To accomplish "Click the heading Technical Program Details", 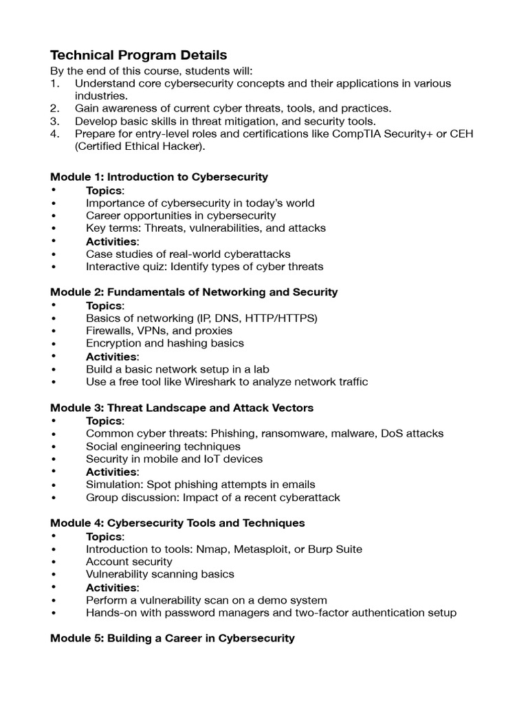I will (139, 55).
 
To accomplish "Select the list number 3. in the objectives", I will (55, 121).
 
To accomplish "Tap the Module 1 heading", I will (159, 177).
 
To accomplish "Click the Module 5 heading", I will (172, 638).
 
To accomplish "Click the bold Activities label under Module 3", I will (111, 472).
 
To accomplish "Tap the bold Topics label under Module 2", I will (104, 305).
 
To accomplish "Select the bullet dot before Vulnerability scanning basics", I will (53, 574).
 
